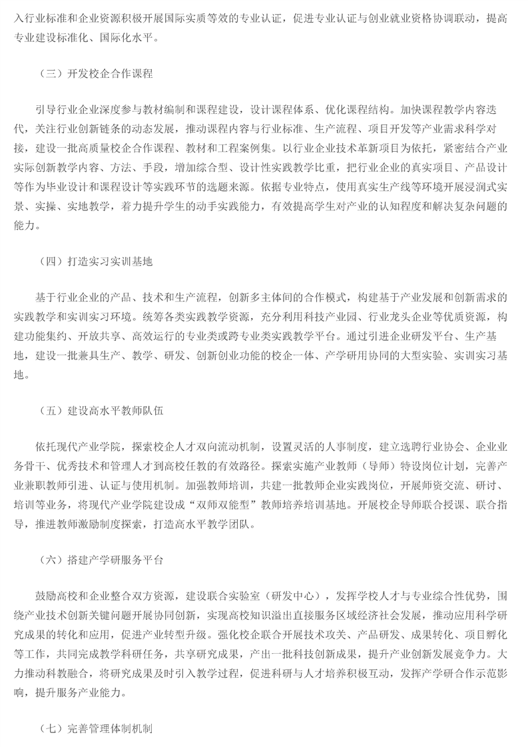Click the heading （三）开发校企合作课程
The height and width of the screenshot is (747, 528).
point(96,73)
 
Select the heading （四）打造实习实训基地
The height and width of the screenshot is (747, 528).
point(96,261)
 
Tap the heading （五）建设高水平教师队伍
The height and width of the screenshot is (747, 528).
point(101,411)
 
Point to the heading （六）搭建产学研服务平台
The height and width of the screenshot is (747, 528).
point(101,561)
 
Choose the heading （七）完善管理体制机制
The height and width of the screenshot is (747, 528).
point(96,728)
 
